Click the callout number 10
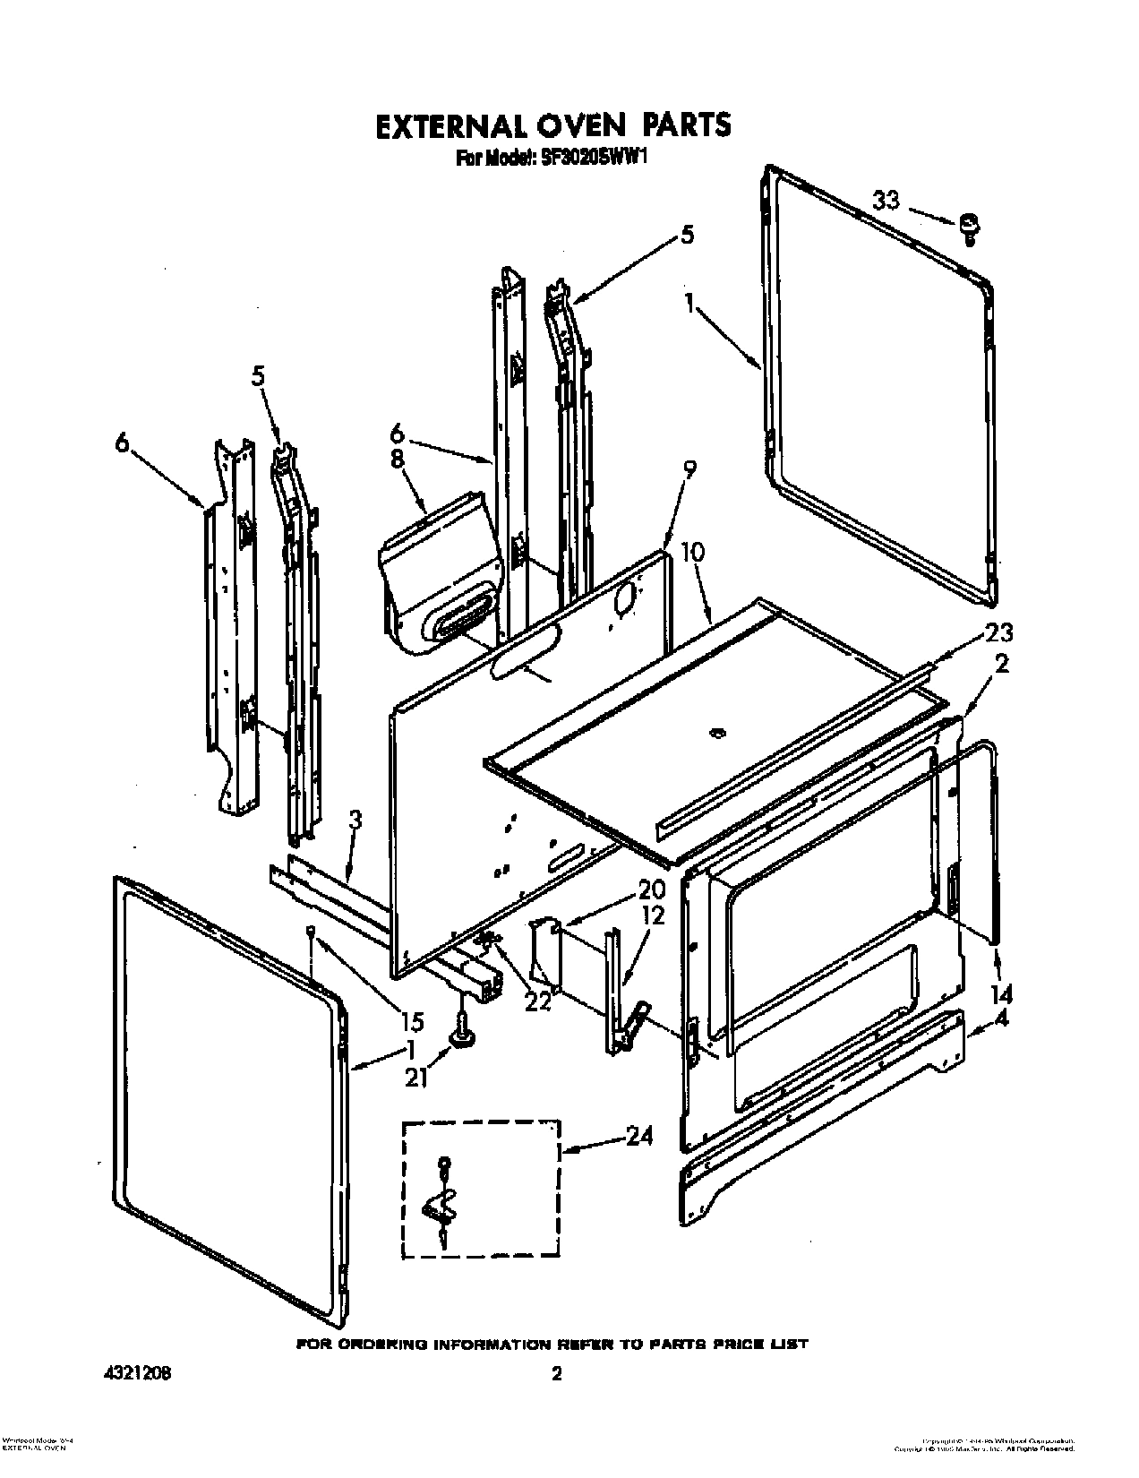point(692,552)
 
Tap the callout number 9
point(688,468)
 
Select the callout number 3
point(355,819)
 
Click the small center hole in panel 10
point(714,734)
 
